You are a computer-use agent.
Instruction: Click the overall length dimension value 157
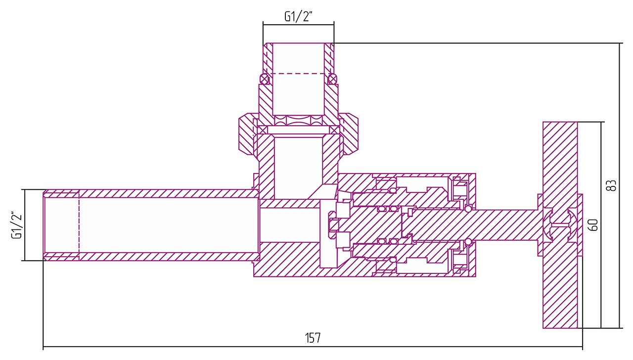[x=313, y=338]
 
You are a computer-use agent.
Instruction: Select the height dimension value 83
[x=612, y=185]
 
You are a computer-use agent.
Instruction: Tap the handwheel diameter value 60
[x=594, y=225]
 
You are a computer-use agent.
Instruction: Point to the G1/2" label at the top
[x=299, y=16]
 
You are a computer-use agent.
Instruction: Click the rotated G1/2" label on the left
[x=17, y=225]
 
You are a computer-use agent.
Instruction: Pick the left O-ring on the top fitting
[x=265, y=79]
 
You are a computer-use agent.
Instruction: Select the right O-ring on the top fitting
[x=332, y=79]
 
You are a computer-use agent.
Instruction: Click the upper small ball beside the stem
[x=468, y=209]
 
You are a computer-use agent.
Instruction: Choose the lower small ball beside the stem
[x=468, y=241]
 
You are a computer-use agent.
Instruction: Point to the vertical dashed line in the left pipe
[x=79, y=225]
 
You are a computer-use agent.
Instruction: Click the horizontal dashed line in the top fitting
[x=299, y=74]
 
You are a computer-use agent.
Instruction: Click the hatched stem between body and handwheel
[x=504, y=225]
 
